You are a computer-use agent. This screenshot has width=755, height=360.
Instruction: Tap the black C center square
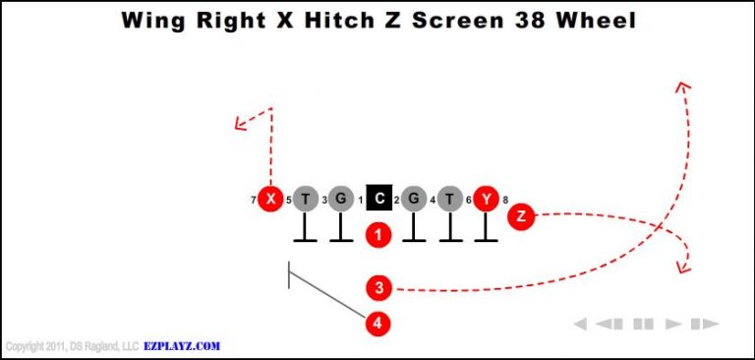tap(378, 200)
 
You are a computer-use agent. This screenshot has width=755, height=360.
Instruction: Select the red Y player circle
tap(486, 200)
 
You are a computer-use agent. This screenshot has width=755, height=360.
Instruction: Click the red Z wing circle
tap(521, 216)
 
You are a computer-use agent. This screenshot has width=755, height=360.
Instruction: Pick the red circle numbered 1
tap(378, 235)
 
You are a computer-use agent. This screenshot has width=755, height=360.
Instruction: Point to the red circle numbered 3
tap(378, 288)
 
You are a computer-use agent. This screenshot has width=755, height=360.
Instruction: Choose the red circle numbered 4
tap(378, 322)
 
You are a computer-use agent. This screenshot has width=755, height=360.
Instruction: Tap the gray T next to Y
tap(449, 200)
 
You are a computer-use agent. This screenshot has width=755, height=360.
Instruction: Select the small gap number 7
tap(254, 201)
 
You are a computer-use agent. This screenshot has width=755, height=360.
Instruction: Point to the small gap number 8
tap(505, 201)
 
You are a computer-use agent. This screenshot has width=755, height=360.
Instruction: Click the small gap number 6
tap(468, 201)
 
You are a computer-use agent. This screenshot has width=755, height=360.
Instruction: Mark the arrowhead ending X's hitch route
tap(238, 124)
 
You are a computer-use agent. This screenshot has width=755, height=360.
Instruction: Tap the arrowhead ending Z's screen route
tap(682, 268)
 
